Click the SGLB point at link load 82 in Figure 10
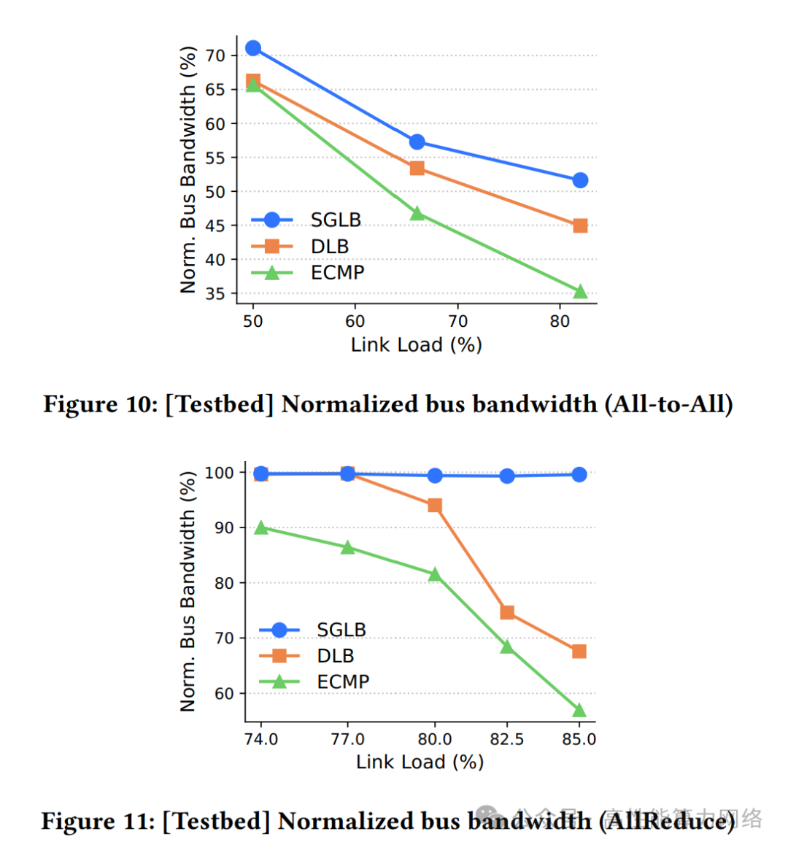(580, 180)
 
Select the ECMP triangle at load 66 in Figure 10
(417, 213)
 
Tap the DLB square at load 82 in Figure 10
(580, 225)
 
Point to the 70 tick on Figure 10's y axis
(215, 55)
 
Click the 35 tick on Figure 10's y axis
(215, 293)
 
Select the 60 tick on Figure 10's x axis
(355, 321)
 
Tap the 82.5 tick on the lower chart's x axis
(507, 739)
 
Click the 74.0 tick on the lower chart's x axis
(261, 739)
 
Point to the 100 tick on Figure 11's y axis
(219, 473)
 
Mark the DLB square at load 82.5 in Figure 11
(507, 612)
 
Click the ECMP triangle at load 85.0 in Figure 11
(579, 710)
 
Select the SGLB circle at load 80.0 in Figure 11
(435, 476)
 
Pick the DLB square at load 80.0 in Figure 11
(435, 506)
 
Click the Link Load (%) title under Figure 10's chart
(416, 344)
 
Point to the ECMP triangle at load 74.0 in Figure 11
(261, 528)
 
